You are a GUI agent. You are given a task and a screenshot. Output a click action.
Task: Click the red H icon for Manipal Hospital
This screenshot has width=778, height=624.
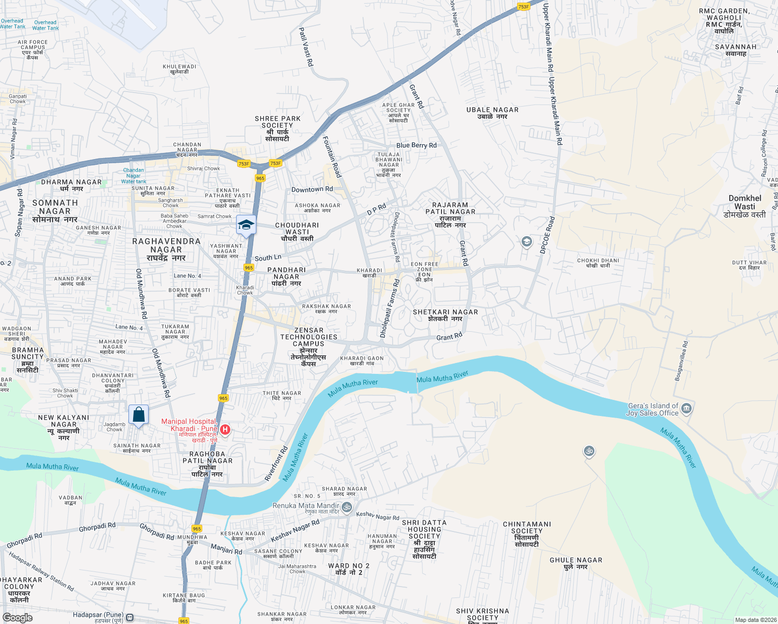pyautogui.click(x=225, y=430)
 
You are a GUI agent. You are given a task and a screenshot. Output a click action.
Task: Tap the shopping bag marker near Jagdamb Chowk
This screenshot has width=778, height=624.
pyautogui.click(x=138, y=415)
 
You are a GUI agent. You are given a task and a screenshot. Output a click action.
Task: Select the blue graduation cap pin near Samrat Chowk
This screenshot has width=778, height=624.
pyautogui.click(x=246, y=225)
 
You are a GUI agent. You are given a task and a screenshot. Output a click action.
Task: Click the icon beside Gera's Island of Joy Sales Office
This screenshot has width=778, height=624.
pyautogui.click(x=686, y=409)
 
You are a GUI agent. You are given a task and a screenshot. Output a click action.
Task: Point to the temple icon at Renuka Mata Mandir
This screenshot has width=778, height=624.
pyautogui.click(x=347, y=506)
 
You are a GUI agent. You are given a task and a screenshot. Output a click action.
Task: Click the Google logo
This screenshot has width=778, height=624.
pyautogui.click(x=17, y=618)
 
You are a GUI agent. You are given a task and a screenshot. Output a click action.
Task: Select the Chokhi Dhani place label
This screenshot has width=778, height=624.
pyautogui.click(x=598, y=263)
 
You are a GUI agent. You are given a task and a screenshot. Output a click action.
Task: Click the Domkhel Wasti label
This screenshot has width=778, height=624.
pyautogui.click(x=745, y=206)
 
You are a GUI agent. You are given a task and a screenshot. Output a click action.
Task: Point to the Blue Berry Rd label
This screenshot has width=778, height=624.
pyautogui.click(x=417, y=146)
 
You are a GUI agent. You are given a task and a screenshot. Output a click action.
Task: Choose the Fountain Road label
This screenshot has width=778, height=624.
pyautogui.click(x=332, y=157)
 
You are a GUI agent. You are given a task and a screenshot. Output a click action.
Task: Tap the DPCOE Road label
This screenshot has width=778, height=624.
pyautogui.click(x=547, y=235)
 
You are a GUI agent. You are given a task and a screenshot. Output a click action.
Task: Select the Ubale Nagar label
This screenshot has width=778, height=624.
pyautogui.click(x=492, y=113)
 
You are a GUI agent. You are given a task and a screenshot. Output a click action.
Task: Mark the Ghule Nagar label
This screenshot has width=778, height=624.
pyautogui.click(x=576, y=563)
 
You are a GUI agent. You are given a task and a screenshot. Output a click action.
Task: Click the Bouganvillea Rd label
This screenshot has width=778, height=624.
pyautogui.click(x=681, y=361)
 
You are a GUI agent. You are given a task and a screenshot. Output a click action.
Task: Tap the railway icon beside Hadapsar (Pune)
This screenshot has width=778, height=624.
pyautogui.click(x=130, y=617)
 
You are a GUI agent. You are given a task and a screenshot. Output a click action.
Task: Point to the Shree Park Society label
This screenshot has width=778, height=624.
pyautogui.click(x=278, y=128)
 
